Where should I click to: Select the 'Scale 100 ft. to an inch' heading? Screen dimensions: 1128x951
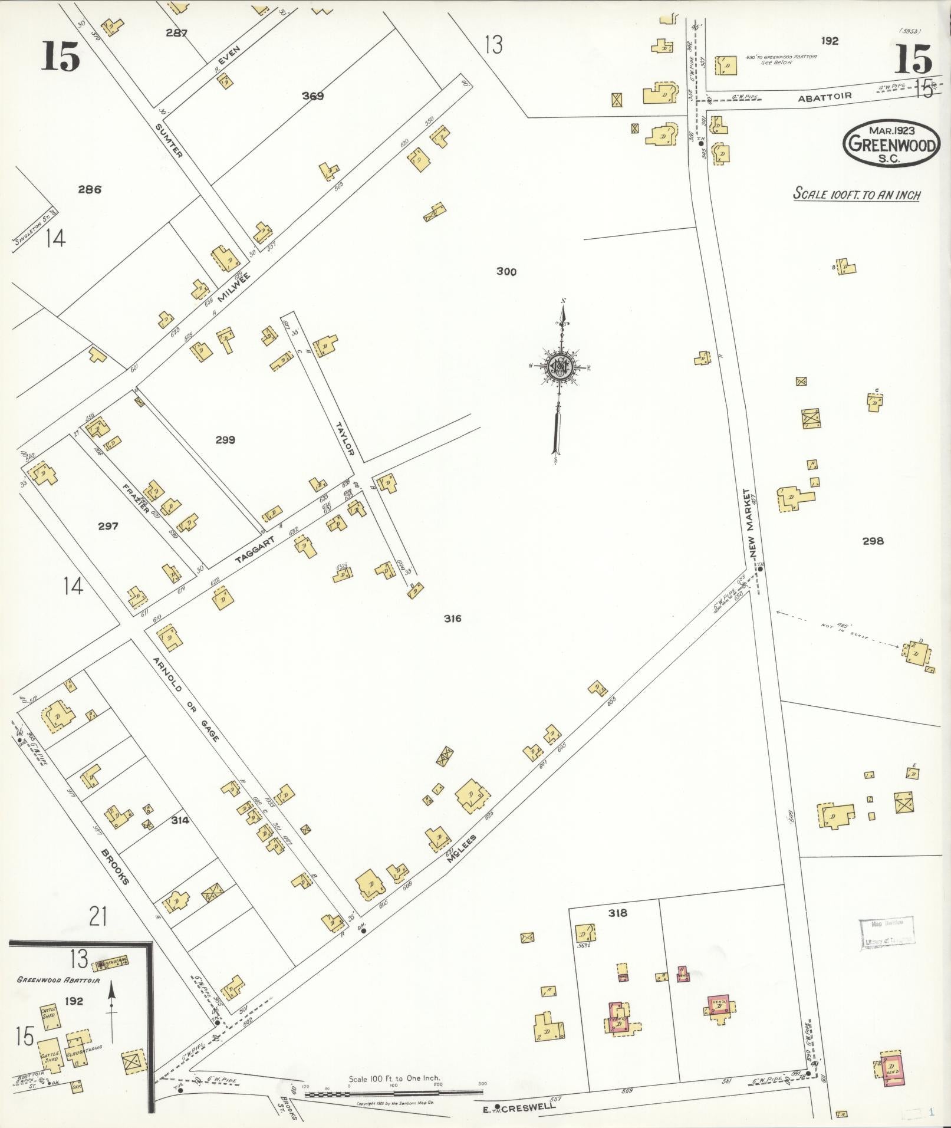coord(856,194)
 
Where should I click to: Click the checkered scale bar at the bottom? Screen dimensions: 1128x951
coord(393,1094)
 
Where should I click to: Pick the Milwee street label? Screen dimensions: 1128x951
coord(234,287)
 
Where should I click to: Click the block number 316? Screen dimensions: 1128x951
coord(453,619)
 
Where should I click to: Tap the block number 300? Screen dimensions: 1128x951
coord(506,272)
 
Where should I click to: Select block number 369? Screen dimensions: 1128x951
coord(312,96)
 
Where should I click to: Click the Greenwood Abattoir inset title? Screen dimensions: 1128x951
coord(58,980)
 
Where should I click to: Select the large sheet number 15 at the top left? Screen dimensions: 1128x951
coord(60,58)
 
